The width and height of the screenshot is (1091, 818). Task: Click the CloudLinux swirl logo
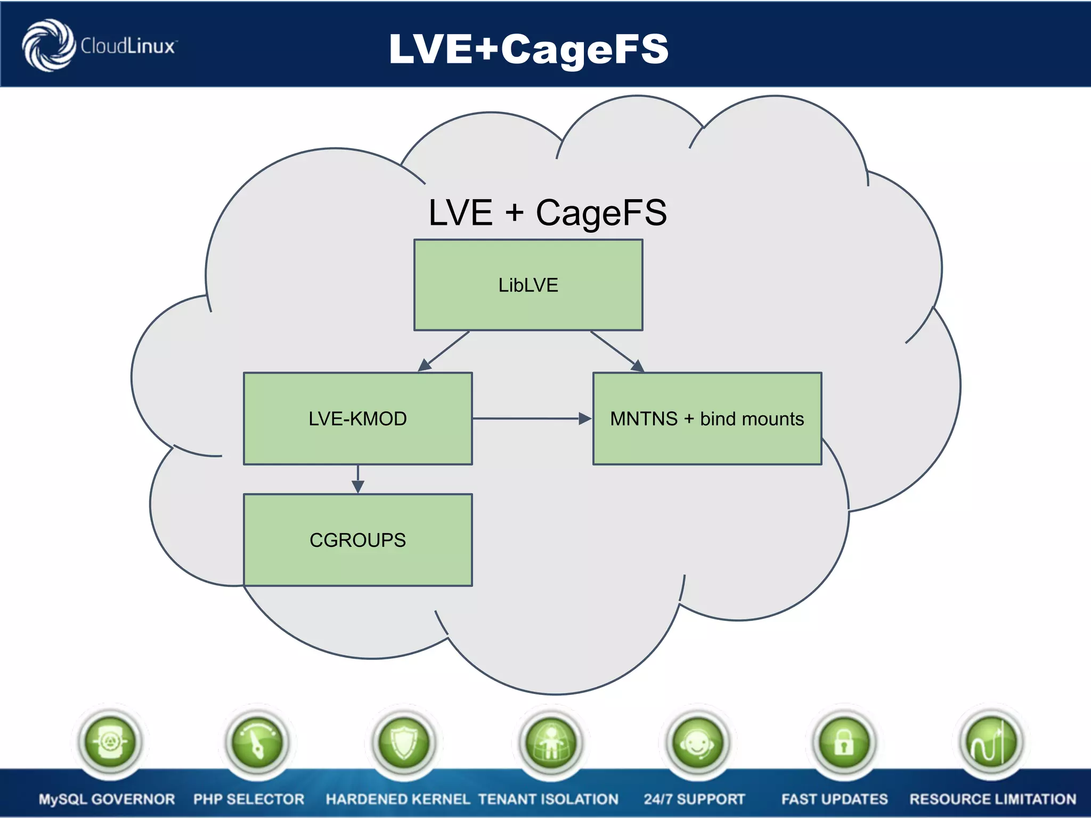[48, 45]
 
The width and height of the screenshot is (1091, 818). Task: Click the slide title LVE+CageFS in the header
[528, 48]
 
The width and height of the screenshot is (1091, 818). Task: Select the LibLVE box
[528, 285]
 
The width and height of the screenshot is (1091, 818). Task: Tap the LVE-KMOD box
[357, 419]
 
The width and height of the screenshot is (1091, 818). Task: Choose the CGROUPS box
[357, 540]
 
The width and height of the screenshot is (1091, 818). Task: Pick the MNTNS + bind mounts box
[707, 419]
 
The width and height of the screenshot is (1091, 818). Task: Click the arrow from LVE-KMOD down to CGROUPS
[358, 479]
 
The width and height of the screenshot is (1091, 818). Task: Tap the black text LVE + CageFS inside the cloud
[547, 212]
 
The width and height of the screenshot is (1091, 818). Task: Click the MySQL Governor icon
[110, 741]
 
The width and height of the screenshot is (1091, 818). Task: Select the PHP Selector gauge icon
[257, 742]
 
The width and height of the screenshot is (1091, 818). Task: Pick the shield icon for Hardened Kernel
[404, 742]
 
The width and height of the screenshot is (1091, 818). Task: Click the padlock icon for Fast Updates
[844, 742]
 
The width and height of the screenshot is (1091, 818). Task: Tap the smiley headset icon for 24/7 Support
[697, 742]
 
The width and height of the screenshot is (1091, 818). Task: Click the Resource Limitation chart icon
[991, 742]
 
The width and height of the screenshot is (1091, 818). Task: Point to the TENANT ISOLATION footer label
[548, 799]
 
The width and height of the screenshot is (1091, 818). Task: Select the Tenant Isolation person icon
[551, 742]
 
